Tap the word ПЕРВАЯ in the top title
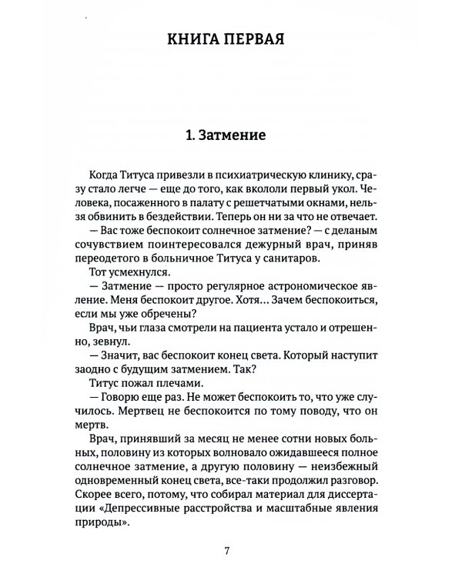(258, 40)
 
